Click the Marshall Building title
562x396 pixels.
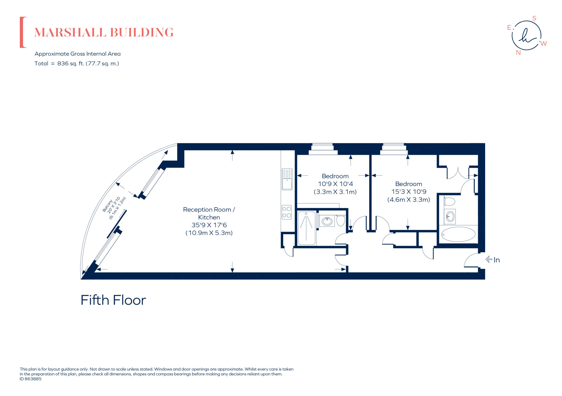pyautogui.click(x=104, y=32)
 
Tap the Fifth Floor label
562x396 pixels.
pyautogui.click(x=113, y=300)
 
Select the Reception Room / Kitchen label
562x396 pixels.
pyautogui.click(x=209, y=213)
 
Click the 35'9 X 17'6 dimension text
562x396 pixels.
pyautogui.click(x=209, y=225)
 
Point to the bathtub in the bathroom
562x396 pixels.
pyautogui.click(x=458, y=234)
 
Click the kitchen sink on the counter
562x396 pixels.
pyautogui.click(x=287, y=179)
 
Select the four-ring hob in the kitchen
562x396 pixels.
pyautogui.click(x=287, y=212)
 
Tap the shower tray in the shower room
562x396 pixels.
pyautogui.click(x=307, y=228)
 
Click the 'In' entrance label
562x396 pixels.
pyautogui.click(x=496, y=260)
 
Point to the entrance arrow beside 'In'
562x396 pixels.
pyautogui.click(x=489, y=259)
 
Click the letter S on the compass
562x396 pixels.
pyautogui.click(x=534, y=18)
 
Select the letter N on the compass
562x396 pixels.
pyautogui.click(x=518, y=53)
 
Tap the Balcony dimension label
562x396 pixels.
pyautogui.click(x=114, y=208)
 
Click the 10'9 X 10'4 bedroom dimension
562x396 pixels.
pyautogui.click(x=335, y=184)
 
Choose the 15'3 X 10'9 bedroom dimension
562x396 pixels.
pyautogui.click(x=409, y=192)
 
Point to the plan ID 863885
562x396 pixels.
pyautogui.click(x=30, y=379)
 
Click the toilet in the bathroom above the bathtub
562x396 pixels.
pyautogui.click(x=449, y=202)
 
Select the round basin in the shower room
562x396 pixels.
pyautogui.click(x=327, y=221)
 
